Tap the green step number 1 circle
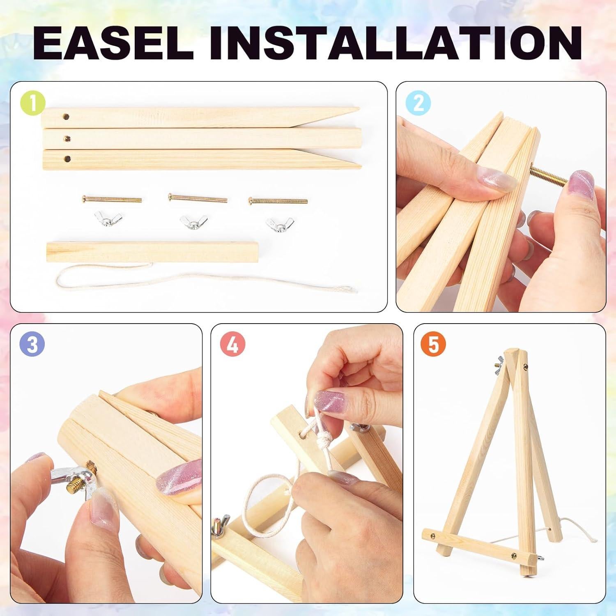pos(32,103)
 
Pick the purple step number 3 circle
pos(32,345)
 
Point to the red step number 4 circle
pos(233,345)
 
